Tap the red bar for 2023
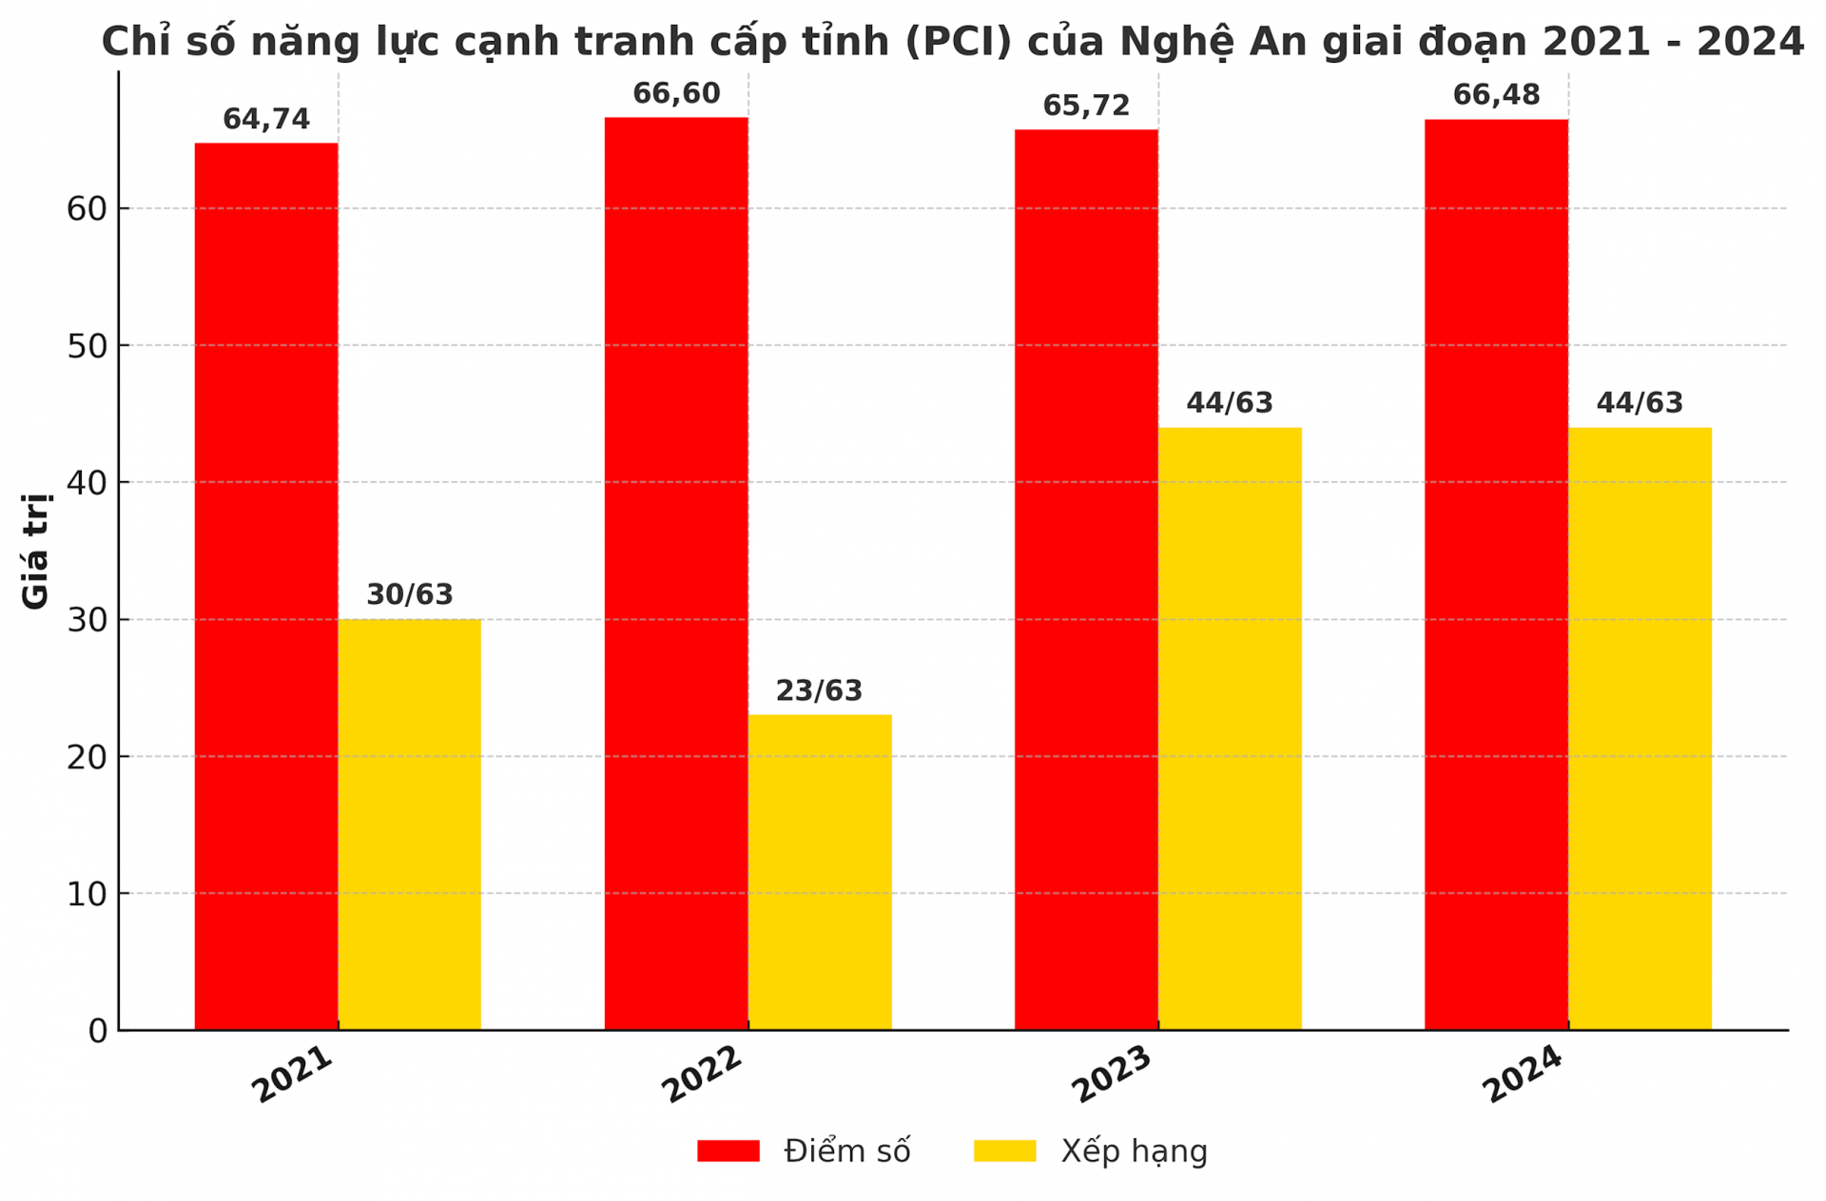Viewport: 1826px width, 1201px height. point(1086,579)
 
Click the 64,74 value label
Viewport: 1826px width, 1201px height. point(266,120)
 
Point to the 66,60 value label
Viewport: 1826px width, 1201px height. point(676,94)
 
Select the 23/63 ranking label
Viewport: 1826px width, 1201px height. point(819,691)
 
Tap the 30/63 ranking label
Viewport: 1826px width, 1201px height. point(410,595)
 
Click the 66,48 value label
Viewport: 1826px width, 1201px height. point(1496,95)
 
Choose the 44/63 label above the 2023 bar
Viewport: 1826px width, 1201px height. point(1230,403)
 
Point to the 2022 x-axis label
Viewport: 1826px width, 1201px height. point(702,1075)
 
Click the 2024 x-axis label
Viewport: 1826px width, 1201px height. point(1523,1075)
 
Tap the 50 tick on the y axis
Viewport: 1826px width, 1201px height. point(87,346)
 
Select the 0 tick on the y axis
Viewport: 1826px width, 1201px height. point(98,1031)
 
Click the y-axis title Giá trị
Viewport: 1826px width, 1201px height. point(35,551)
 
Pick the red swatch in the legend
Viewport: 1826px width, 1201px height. point(728,1151)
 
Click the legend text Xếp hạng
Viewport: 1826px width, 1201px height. point(1134,1152)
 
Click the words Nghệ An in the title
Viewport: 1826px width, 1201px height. point(1213,42)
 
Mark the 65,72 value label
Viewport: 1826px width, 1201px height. point(1086,107)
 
